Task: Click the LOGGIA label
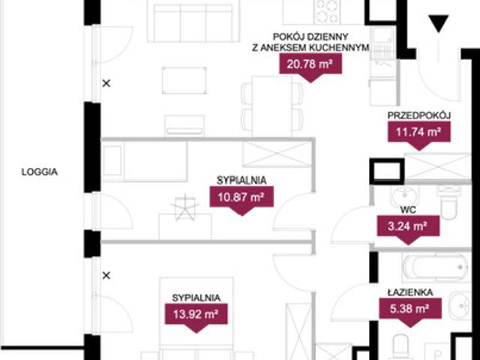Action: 40,172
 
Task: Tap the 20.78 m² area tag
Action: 310,67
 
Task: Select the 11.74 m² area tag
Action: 419,135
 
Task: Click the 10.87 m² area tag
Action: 241,199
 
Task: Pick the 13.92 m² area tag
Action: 196,317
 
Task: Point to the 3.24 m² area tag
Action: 408,229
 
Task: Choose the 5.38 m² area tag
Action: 410,312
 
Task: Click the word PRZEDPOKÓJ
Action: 419,115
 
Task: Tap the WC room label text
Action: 408,210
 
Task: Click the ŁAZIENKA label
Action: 410,292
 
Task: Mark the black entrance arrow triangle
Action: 438,23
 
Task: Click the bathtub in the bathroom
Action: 436,268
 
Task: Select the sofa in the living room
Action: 193,22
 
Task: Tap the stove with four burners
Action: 327,12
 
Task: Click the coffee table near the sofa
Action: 184,80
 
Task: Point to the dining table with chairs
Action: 271,106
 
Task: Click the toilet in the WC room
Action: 448,203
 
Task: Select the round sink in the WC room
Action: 405,195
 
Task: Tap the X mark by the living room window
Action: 106,83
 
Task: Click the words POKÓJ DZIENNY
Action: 310,37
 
